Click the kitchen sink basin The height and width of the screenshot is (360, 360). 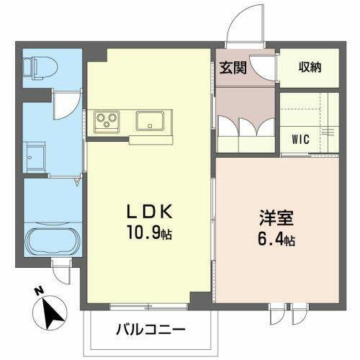pos(152,120)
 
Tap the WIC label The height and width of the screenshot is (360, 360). pos(301,139)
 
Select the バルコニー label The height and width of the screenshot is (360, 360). pos(150,330)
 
